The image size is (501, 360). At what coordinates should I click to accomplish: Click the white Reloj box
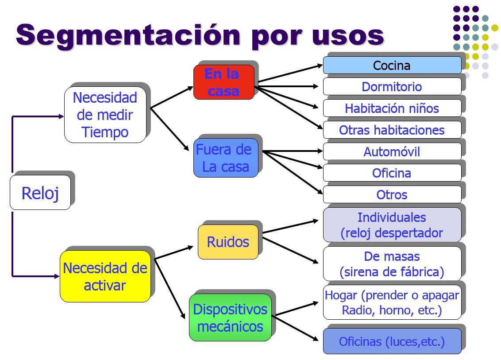point(40,193)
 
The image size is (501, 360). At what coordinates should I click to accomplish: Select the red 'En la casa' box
point(224,82)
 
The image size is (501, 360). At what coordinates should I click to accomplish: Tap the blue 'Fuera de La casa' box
point(226,158)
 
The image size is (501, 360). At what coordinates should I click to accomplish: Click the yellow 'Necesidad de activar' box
point(105,276)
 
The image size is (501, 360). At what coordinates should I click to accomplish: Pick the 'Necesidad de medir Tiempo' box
point(105,115)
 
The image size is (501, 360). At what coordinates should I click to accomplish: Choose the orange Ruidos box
point(228,242)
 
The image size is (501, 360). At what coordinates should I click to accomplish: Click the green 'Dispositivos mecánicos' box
point(230,317)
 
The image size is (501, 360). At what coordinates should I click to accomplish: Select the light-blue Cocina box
point(392,65)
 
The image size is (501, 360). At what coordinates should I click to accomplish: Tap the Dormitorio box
point(392,86)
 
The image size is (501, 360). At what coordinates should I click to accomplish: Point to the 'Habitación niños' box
point(392,108)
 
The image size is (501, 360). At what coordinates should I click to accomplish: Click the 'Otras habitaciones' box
point(392,130)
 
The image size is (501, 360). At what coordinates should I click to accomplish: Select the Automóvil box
point(392,151)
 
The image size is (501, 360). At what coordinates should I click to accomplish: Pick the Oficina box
point(392,173)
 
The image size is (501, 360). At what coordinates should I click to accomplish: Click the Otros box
point(392,194)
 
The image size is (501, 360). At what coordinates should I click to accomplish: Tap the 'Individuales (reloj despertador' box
point(392,225)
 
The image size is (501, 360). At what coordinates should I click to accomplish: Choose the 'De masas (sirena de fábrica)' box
point(392,263)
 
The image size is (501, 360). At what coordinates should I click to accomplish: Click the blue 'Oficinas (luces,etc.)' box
point(392,341)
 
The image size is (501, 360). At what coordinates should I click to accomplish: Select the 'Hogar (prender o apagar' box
point(392,302)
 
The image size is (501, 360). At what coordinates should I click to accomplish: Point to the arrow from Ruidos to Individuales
point(290,226)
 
